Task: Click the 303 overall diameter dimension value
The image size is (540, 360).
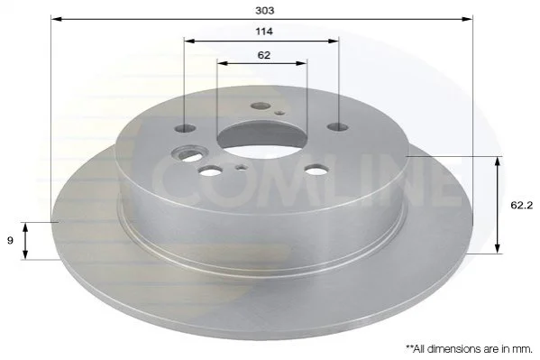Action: click(x=264, y=11)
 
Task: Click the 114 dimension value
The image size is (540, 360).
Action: click(x=264, y=32)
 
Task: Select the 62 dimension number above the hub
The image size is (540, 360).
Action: click(x=264, y=55)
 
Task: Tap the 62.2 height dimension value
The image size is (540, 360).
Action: click(x=521, y=206)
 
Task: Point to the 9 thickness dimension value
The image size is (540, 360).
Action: click(x=10, y=240)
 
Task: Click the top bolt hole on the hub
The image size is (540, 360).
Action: click(x=261, y=106)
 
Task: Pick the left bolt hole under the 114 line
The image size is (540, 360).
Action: click(x=186, y=129)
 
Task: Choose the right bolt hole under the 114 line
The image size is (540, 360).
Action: click(x=338, y=127)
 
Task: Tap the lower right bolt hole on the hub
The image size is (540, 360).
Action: click(x=316, y=170)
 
